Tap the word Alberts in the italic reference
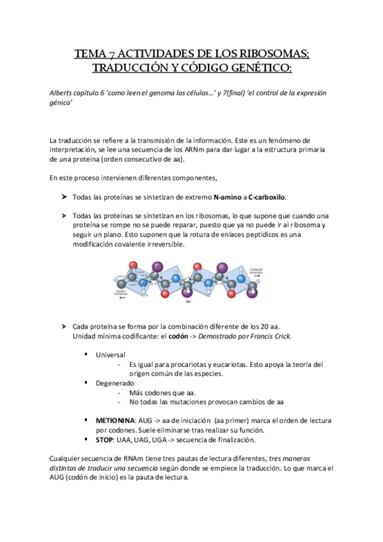pos(61,93)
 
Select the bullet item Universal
pos(111,354)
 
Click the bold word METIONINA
pos(115,421)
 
